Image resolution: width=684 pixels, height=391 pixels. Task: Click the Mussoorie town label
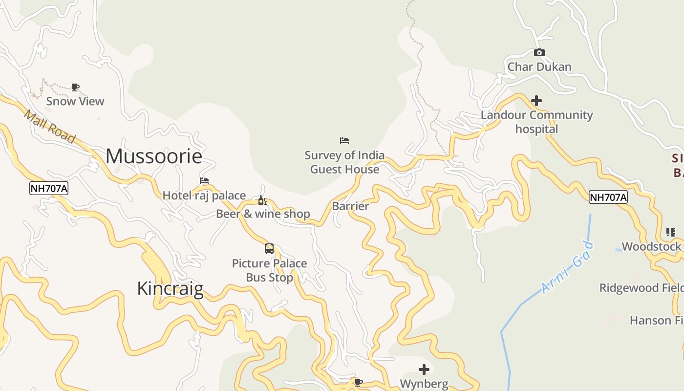coord(154,156)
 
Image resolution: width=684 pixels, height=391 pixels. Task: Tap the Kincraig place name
coord(170,288)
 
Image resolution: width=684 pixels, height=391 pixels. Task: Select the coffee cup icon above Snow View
coord(75,87)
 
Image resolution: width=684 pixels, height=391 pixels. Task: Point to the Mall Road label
coord(49,127)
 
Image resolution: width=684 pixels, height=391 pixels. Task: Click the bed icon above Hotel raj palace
coord(204,181)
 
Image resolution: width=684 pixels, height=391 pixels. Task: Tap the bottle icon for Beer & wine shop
coord(262,200)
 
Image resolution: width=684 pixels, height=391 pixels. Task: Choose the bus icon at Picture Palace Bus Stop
coord(269,248)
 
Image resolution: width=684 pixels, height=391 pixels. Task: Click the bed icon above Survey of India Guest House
coord(344,141)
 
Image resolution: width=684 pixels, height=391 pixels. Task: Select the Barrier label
coord(350,206)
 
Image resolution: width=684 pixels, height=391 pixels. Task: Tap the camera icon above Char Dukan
coord(539,53)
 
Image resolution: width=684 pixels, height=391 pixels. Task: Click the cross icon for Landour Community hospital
coord(536,101)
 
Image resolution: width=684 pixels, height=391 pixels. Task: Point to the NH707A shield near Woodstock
coord(608,197)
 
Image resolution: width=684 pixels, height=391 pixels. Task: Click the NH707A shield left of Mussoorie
coord(49,188)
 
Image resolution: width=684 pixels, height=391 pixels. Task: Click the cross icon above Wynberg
coord(424,369)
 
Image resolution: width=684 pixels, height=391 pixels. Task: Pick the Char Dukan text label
coord(539,67)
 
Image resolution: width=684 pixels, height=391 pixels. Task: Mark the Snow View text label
coord(75,101)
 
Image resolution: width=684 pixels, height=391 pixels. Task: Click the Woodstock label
coord(651,246)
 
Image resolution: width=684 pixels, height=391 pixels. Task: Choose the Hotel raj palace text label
coord(204,195)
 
